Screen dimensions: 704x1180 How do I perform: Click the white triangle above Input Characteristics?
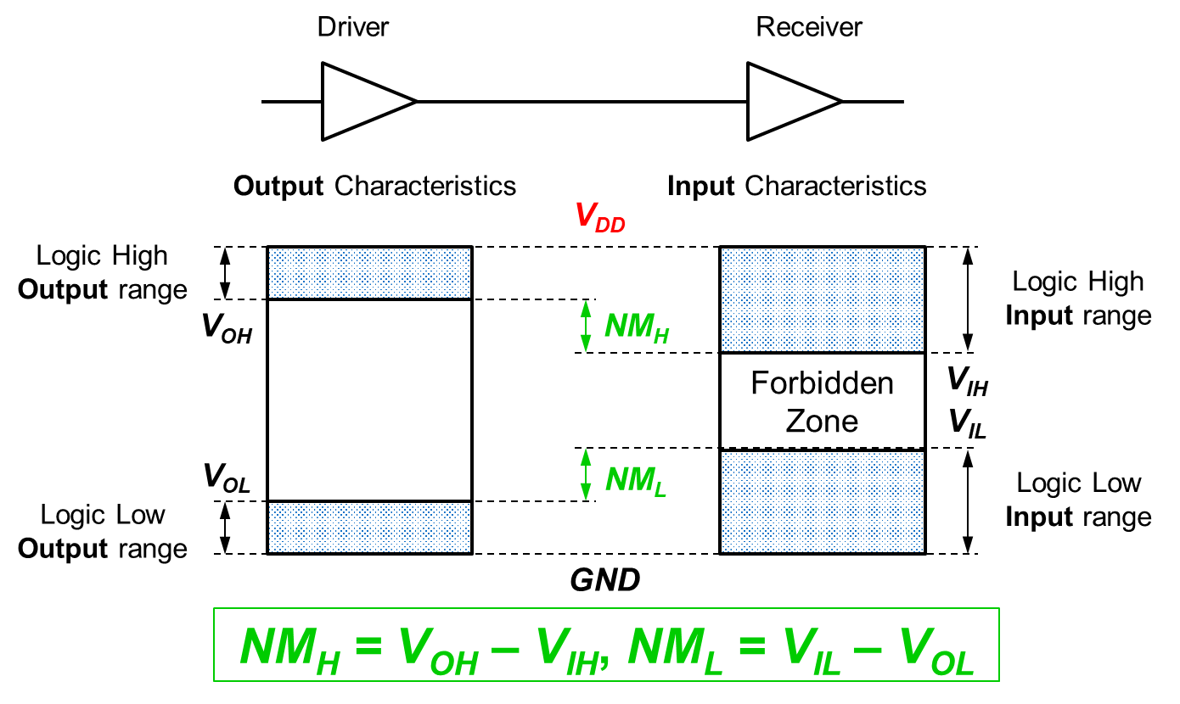coord(784,102)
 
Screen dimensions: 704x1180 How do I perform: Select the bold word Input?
coord(700,186)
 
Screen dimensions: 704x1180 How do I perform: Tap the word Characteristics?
coord(835,186)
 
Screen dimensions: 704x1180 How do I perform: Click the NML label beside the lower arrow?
coord(636,481)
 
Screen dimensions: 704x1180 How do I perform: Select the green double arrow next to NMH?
coord(585,327)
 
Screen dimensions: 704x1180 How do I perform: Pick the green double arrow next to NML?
coord(585,474)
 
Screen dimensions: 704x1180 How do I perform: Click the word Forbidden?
coord(822,383)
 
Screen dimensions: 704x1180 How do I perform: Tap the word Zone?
coord(822,421)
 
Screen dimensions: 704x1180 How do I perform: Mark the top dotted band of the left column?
coord(369,273)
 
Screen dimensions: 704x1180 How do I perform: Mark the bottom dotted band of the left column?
coord(369,528)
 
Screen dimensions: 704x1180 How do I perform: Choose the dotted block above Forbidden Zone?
coord(822,299)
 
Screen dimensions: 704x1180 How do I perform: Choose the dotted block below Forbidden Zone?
coord(822,501)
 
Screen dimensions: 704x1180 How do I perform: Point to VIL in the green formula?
coord(812,648)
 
